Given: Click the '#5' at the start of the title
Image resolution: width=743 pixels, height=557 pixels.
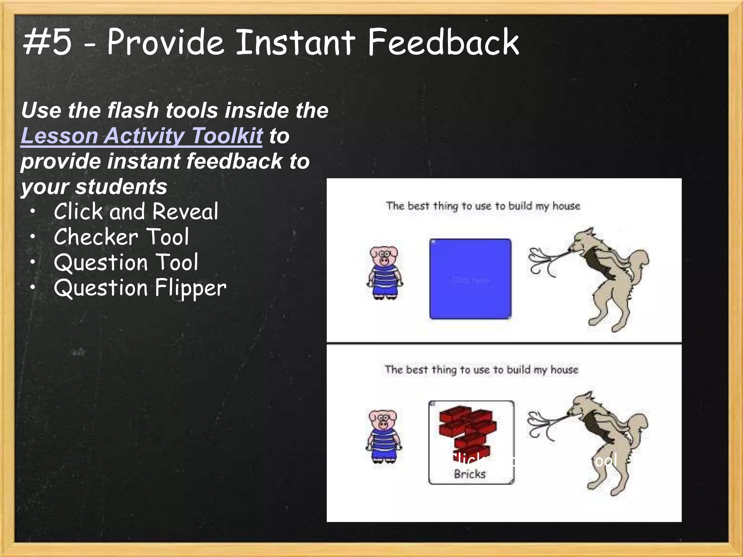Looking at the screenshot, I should click(x=47, y=42).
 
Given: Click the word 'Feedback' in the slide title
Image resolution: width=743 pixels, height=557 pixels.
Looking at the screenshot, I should click(x=443, y=42).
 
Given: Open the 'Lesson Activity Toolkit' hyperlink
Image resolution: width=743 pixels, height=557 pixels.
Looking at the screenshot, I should click(x=141, y=136).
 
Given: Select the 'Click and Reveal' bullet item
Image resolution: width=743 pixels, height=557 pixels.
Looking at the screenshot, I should click(x=136, y=211).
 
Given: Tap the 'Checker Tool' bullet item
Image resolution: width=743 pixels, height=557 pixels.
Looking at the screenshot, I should click(x=121, y=237).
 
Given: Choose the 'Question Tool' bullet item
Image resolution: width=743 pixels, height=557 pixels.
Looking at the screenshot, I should click(x=126, y=263).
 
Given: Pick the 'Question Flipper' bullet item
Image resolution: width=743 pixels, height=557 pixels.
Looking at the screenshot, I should click(x=140, y=288).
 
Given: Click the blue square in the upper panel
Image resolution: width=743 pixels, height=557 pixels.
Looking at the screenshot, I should click(x=470, y=279).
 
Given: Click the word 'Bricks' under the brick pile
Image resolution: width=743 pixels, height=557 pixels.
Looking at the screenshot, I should click(x=469, y=474).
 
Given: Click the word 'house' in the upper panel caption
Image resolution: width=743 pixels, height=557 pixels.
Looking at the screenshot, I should click(x=566, y=206).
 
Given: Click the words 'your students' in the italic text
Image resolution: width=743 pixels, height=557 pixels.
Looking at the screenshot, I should click(x=94, y=187).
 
